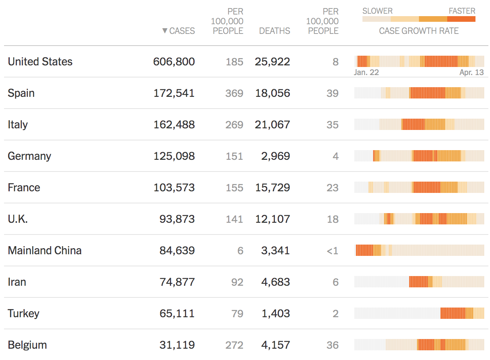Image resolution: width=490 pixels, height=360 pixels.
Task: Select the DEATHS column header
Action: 274,31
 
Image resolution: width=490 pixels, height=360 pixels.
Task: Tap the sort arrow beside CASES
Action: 165,31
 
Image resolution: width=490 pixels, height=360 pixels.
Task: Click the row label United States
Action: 40,62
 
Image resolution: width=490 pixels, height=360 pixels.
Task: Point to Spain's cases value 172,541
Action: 174,93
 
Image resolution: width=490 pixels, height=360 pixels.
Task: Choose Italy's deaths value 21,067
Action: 272,125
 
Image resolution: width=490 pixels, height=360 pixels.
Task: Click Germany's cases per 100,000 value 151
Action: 235,156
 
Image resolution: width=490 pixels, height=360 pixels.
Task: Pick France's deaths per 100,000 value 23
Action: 333,188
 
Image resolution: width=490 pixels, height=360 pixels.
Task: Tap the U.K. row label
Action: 18,219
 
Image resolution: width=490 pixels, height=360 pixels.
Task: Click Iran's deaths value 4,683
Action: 276,282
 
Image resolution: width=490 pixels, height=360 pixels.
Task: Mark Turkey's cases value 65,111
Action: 177,314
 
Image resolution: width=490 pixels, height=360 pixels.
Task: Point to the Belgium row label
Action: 27,345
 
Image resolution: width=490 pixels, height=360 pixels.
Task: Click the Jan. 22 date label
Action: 366,73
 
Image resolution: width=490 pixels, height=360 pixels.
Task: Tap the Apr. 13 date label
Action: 471,73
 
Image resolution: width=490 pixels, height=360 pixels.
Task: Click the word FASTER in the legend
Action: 462,11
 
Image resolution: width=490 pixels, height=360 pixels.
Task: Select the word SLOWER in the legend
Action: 377,11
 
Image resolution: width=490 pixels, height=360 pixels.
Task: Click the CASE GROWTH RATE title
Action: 419,31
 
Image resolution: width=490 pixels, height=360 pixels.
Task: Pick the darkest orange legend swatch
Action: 461,19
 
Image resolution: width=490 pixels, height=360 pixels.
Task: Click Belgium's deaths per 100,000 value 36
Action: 333,345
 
